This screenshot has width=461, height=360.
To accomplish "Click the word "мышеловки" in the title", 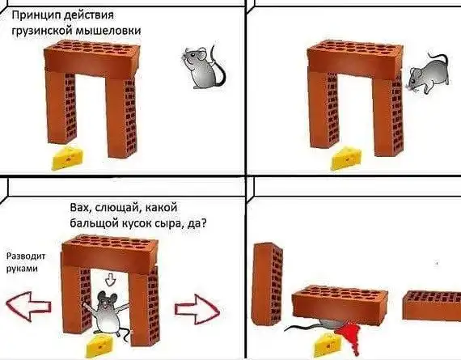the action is click(108, 31).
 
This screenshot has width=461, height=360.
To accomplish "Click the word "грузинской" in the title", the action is click(42, 32).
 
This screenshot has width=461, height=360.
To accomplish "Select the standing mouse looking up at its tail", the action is click(204, 66).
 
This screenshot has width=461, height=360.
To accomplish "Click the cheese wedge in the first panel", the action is click(68, 159).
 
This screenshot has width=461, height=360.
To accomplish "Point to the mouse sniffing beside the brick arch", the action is click(427, 74).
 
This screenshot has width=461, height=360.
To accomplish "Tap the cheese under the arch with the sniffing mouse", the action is click(346, 159).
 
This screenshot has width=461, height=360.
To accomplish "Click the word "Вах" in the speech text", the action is click(78, 208).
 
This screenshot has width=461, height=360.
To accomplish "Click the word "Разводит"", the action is click(26, 256).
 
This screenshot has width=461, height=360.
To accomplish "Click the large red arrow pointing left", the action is click(28, 306).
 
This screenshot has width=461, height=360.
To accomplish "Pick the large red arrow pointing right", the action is click(197, 309).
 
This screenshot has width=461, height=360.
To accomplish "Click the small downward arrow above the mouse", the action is click(111, 279).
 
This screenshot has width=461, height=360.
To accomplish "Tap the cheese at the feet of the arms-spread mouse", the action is click(99, 345).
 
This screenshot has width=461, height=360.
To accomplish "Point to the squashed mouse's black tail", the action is click(302, 327).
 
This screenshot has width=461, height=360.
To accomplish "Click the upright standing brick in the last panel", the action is click(267, 284).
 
